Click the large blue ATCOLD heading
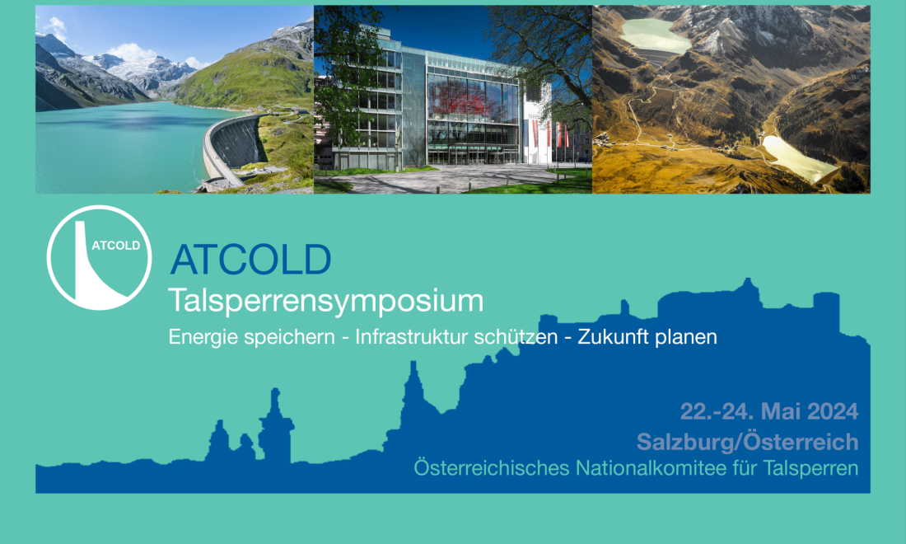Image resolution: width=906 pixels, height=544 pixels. click(x=250, y=260)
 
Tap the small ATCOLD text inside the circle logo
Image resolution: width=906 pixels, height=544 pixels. click(x=115, y=246)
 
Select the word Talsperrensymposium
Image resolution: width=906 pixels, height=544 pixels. click(x=326, y=301)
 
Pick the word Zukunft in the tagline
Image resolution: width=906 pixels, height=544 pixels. click(x=611, y=336)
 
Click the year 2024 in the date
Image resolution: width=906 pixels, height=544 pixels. click(x=833, y=411)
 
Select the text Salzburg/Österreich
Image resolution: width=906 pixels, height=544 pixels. click(x=748, y=443)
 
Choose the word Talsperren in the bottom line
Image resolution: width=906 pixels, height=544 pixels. click(x=810, y=468)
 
